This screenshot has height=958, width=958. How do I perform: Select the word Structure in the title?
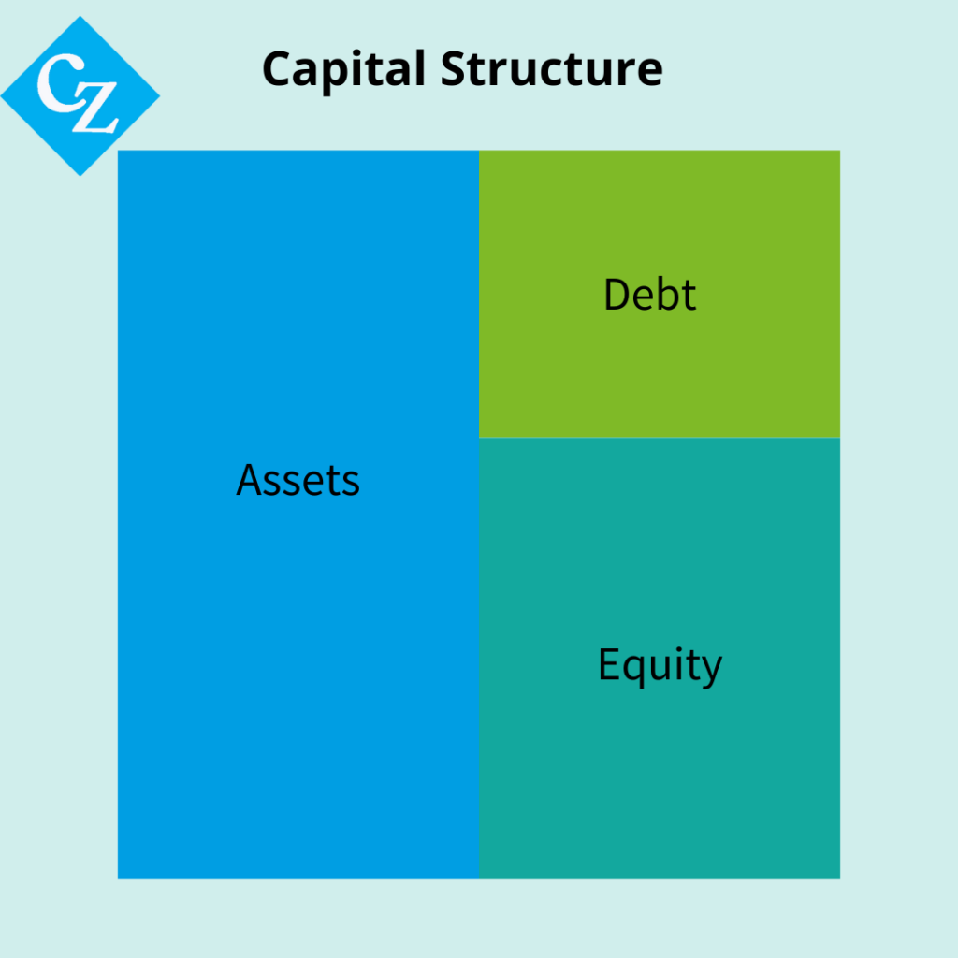551,68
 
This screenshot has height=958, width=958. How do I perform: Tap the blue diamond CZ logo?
80,96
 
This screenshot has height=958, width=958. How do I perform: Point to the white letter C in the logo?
61,82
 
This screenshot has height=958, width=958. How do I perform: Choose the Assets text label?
298,480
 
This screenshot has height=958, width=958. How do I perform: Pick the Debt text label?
649,295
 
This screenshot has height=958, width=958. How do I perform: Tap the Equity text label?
660,666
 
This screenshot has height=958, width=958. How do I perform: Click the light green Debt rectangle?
660,294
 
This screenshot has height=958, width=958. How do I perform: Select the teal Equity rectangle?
660,659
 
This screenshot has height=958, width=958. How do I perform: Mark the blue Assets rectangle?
298,515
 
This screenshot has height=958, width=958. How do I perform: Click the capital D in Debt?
617,295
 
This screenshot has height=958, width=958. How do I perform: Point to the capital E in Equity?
608,663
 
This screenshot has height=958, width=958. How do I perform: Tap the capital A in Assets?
251,480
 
